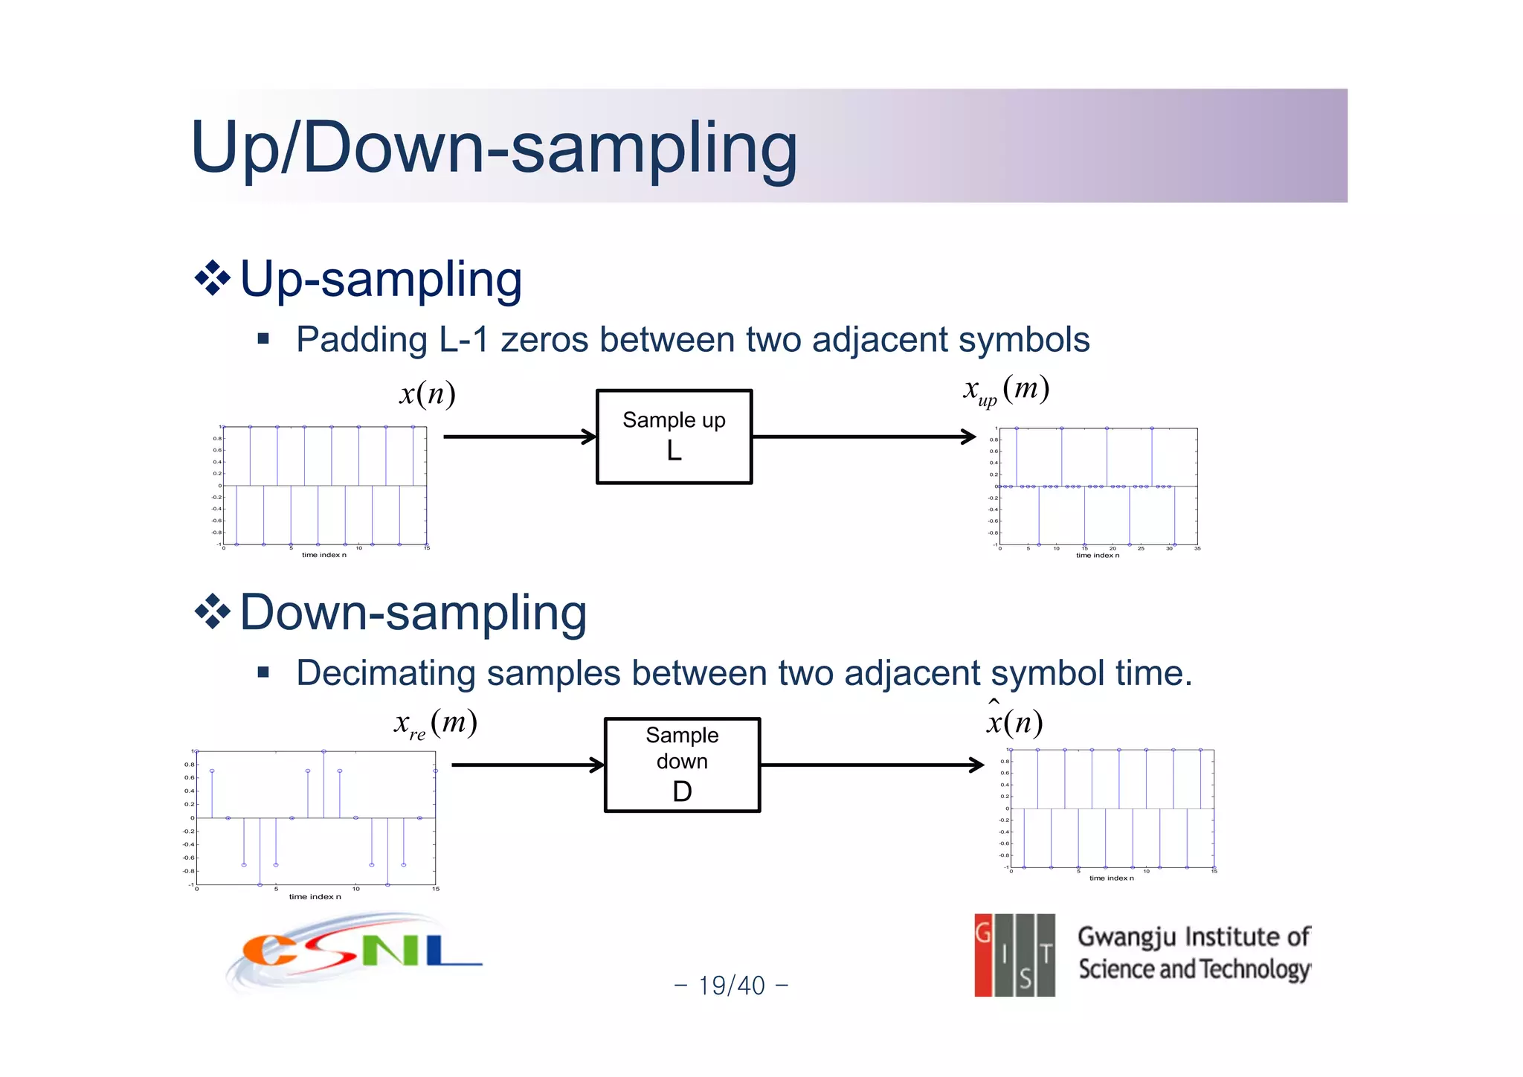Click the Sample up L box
674,437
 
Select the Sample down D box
682,765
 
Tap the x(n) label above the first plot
427,393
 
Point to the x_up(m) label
1005,390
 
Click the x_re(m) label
435,723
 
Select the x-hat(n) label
1014,720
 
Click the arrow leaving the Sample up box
863,437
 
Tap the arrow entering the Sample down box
527,765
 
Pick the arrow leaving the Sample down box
872,765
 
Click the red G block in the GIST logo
983,955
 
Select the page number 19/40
731,986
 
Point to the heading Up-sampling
381,280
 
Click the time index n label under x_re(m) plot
315,896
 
